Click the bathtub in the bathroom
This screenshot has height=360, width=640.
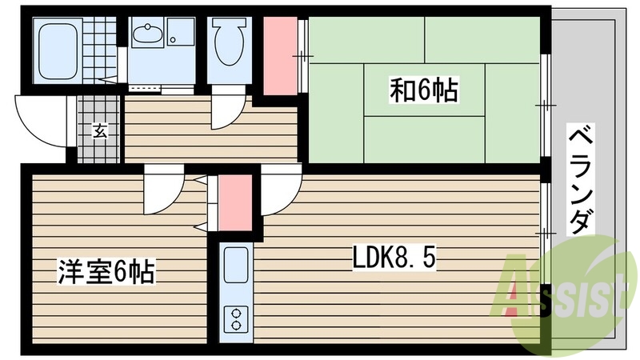click(x=58, y=47)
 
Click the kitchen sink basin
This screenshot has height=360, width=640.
click(x=236, y=266)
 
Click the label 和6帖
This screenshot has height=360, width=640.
click(x=424, y=90)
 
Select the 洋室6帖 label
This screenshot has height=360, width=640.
click(x=106, y=273)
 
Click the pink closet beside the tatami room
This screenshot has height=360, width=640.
click(x=279, y=54)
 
